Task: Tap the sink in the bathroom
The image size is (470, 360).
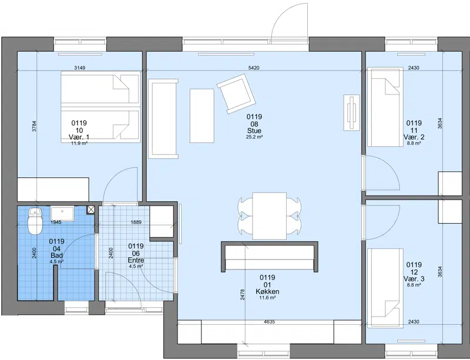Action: pyautogui.click(x=62, y=213)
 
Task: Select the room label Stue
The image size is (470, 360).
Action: pyautogui.click(x=254, y=131)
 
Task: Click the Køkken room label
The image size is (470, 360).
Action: pyautogui.click(x=267, y=291)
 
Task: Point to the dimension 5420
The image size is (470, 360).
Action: pyautogui.click(x=254, y=68)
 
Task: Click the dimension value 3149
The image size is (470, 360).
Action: pyautogui.click(x=80, y=68)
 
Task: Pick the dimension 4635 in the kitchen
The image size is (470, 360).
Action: pyautogui.click(x=269, y=322)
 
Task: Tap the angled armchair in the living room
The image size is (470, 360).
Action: pyautogui.click(x=237, y=93)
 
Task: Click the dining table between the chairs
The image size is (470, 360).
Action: pyautogui.click(x=270, y=216)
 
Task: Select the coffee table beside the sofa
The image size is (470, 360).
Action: pyautogui.click(x=202, y=116)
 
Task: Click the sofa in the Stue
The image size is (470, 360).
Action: pyautogui.click(x=163, y=119)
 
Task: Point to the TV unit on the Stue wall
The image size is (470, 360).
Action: pyautogui.click(x=351, y=113)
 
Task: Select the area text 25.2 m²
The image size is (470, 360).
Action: pyautogui.click(x=254, y=137)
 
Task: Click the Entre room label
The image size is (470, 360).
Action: pyautogui.click(x=136, y=260)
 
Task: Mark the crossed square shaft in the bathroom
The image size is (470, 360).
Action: pyautogui.click(x=91, y=210)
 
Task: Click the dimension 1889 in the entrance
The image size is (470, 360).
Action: pyautogui.click(x=136, y=223)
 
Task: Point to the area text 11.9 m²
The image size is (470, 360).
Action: pyautogui.click(x=79, y=143)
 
